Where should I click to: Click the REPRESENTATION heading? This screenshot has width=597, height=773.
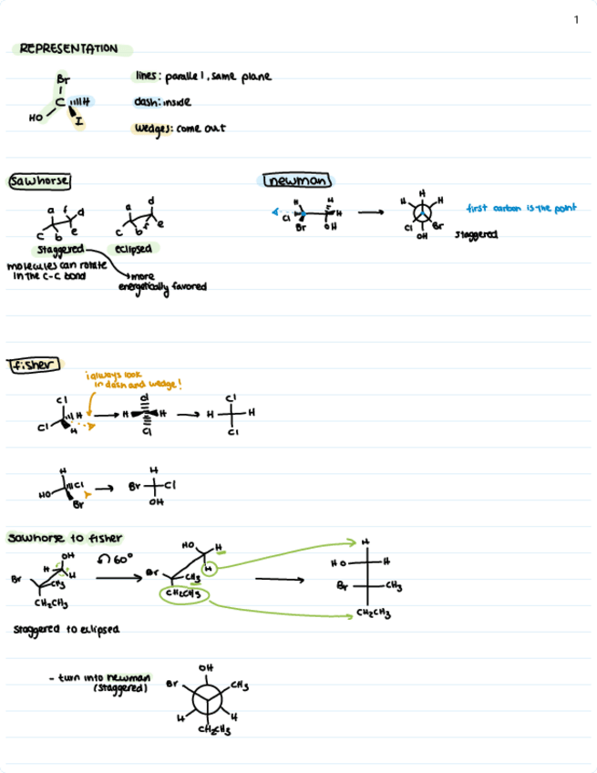coord(68,48)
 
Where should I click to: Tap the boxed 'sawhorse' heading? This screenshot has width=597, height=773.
coord(39,180)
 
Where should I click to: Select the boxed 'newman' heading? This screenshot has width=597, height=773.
coord(297,181)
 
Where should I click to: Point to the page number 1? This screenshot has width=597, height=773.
coord(576,20)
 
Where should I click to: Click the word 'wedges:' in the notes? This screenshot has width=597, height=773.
coord(154,129)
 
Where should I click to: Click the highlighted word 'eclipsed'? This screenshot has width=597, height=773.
coord(133,248)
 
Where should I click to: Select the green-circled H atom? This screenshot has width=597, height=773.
coord(209,571)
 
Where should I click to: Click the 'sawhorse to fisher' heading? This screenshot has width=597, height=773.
coord(65,537)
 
